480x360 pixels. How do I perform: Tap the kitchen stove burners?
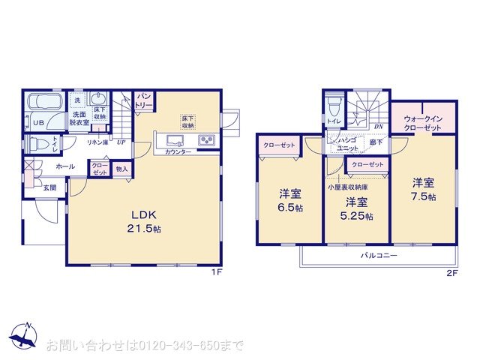coord(206,141)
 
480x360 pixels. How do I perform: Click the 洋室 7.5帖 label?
coord(423,190)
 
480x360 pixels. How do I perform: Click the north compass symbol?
coord(22,338)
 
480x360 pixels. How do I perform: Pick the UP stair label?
coord(120,142)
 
